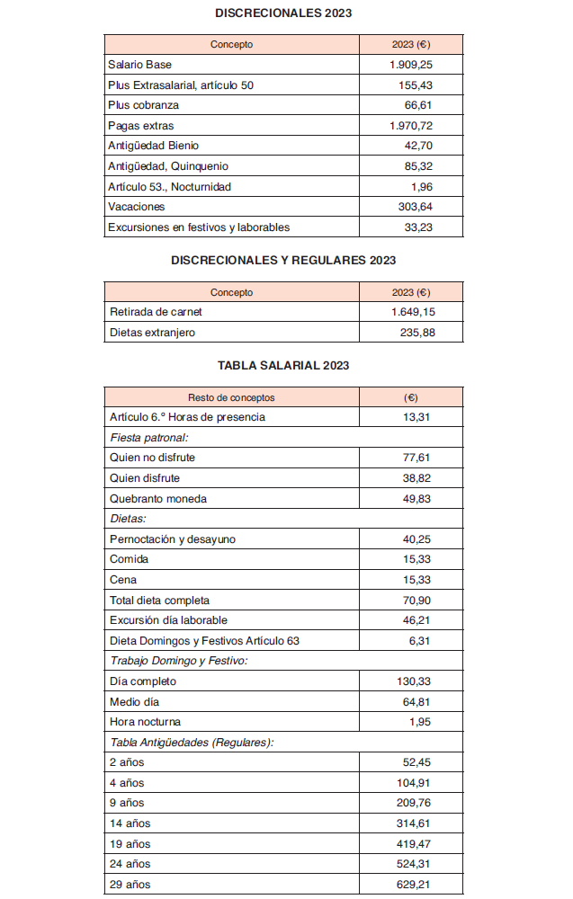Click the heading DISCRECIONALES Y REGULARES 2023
pos(283,260)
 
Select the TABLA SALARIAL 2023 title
pos(283,366)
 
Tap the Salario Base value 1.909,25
pos(412,65)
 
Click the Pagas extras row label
pos(141,126)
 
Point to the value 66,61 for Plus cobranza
pos(419,105)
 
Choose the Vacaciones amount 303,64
pos(416,207)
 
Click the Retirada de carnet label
pos(156,312)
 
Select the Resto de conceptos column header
pos(231,397)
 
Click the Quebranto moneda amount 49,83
pos(418,499)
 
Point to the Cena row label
pos(123,580)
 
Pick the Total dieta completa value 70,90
pos(418,600)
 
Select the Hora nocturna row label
pos(145,722)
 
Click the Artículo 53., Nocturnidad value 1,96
pos(422,187)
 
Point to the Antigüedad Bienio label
pos(153,146)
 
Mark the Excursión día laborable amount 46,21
pos(418,620)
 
